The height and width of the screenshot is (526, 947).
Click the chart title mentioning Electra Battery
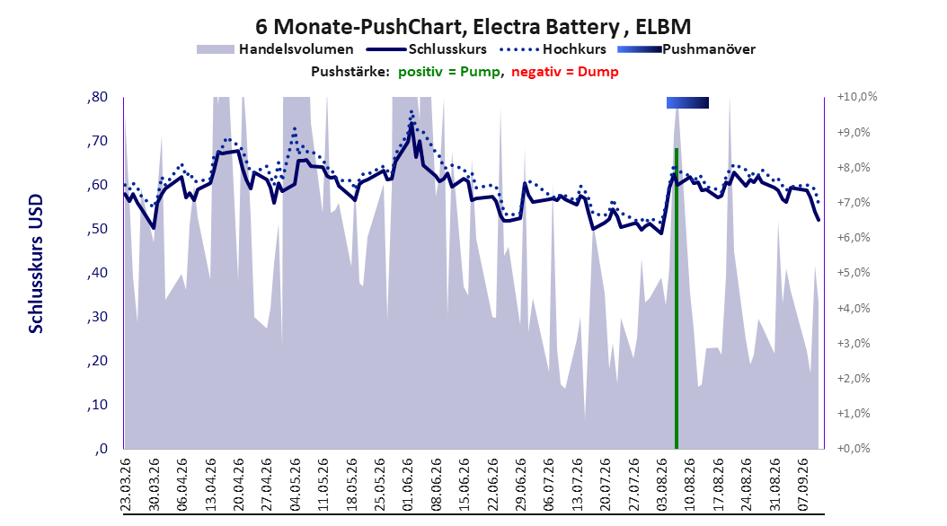pos(473,27)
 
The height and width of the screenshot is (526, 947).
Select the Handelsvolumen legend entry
pos(275,49)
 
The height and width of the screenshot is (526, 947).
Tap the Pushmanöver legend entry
pos(686,49)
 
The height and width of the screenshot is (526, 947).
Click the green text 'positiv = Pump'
pos(449,72)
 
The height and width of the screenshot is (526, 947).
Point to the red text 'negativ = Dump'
pos(565,72)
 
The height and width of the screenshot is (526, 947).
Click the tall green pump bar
pos(677,298)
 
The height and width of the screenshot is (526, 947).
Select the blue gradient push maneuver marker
pos(687,102)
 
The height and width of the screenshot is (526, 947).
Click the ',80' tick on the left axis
pos(97,97)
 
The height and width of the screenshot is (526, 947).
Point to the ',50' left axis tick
pos(97,229)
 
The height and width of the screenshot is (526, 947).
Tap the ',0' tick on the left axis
pos(101,449)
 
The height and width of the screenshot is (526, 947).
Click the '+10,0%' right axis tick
pos(857,97)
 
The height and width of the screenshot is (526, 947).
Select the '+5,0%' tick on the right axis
pos(854,273)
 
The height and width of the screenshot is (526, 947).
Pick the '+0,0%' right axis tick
pos(854,448)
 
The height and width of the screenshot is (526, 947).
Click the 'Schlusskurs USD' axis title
pos(36,264)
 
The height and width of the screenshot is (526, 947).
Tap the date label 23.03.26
pos(126,485)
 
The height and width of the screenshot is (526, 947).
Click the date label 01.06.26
pos(408,485)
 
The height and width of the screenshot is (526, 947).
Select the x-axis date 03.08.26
pos(661,485)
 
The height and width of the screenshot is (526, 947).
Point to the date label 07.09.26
pos(802,485)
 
